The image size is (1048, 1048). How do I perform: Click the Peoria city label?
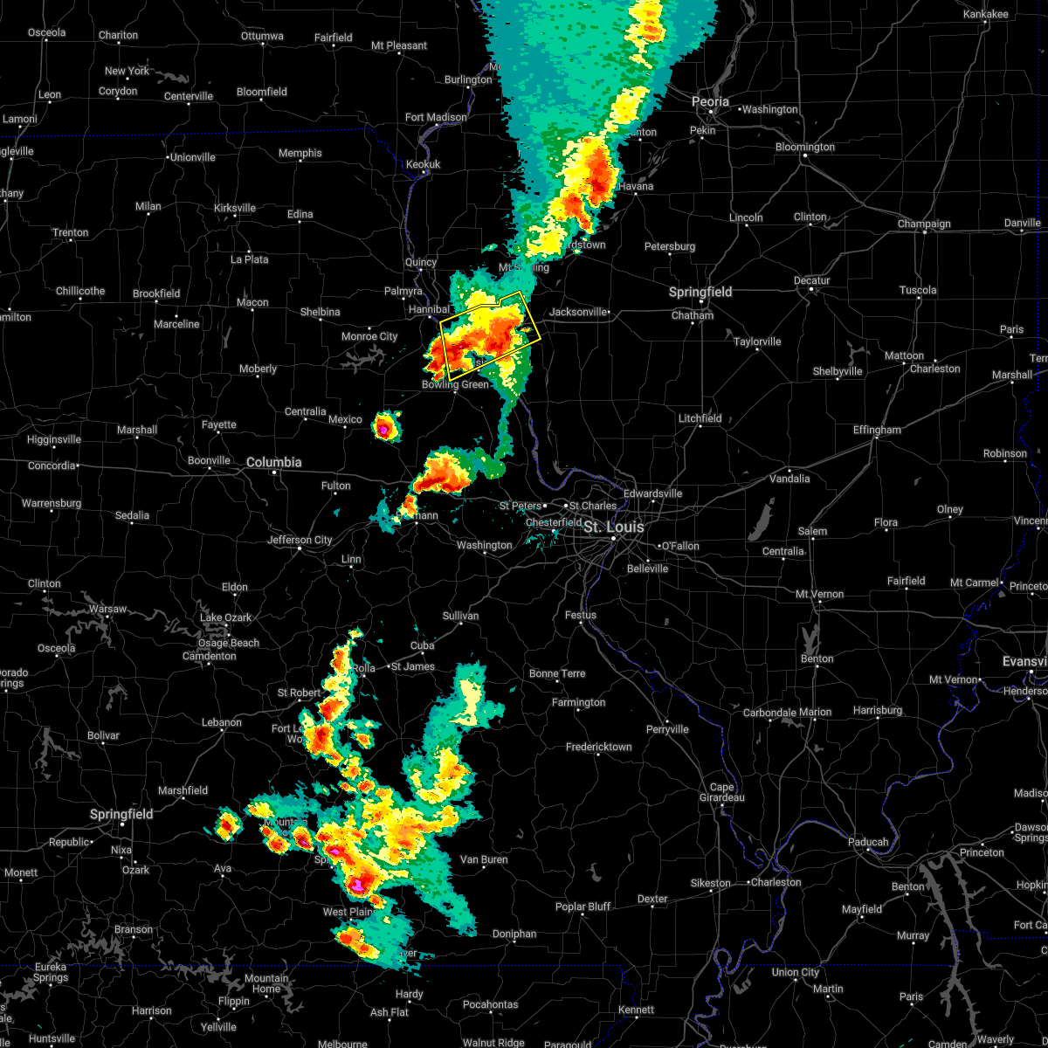pyautogui.click(x=710, y=102)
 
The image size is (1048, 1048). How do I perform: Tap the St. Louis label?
pyautogui.click(x=613, y=527)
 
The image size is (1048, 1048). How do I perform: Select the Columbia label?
pyautogui.click(x=273, y=463)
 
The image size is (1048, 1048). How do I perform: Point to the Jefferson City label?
pyautogui.click(x=300, y=540)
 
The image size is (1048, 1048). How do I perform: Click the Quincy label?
pyautogui.click(x=420, y=263)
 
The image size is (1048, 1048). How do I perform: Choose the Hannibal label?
pyautogui.click(x=429, y=309)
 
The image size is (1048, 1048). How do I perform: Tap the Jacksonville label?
pyautogui.click(x=577, y=312)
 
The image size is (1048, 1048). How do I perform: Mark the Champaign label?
pyautogui.click(x=924, y=224)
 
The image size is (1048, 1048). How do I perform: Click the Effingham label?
pyautogui.click(x=877, y=430)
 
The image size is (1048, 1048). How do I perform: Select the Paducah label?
pyautogui.click(x=868, y=842)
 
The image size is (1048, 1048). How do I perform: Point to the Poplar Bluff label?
pyautogui.click(x=583, y=907)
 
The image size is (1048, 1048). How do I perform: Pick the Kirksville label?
pyautogui.click(x=235, y=208)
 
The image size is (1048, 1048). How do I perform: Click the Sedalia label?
pyautogui.click(x=132, y=515)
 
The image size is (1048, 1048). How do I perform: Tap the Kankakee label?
pyautogui.click(x=985, y=15)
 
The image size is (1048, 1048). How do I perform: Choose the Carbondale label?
pyautogui.click(x=769, y=713)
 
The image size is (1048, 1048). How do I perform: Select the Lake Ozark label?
pyautogui.click(x=225, y=617)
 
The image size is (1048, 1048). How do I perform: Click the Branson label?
pyautogui.click(x=133, y=929)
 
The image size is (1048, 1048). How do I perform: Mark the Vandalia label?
pyautogui.click(x=789, y=479)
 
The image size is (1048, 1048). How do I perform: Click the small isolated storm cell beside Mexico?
pyautogui.click(x=384, y=427)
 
